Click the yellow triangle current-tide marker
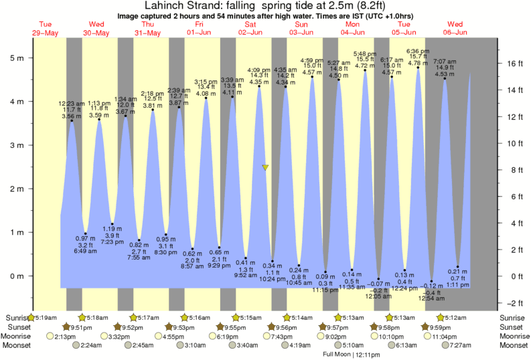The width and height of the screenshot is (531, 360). point(266,167)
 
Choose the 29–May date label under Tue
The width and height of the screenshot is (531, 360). point(45,33)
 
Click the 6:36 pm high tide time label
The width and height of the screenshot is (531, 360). point(418,52)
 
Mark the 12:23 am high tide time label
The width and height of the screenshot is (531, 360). point(71,104)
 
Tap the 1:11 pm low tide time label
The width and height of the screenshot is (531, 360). point(457,285)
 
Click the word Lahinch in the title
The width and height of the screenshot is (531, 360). point(163,6)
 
